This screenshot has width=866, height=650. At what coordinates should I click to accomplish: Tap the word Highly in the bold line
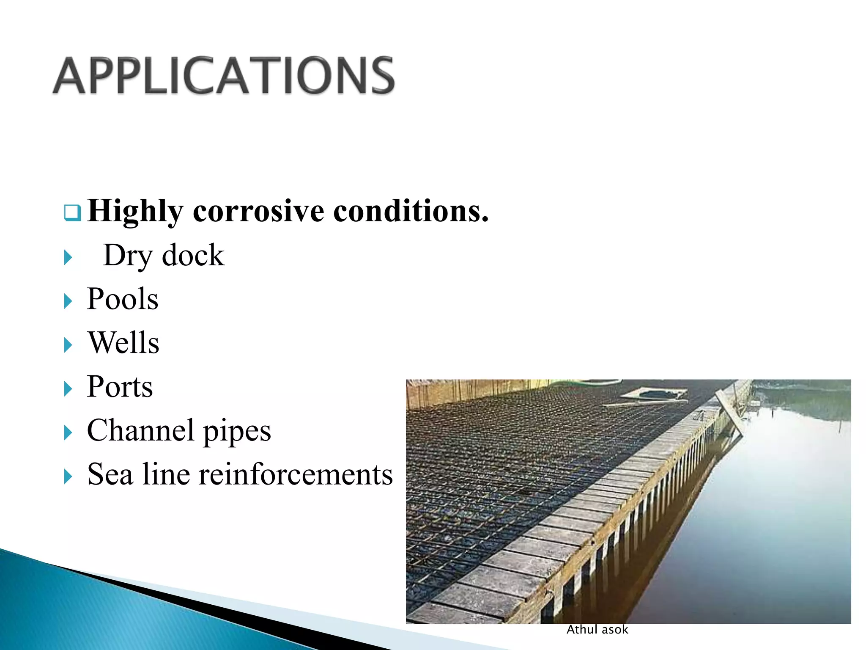pos(135,211)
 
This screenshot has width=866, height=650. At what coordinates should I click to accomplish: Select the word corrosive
pos(258,211)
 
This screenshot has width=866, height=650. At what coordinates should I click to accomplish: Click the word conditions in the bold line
pos(410,211)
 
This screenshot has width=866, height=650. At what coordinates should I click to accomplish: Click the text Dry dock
pos(164,255)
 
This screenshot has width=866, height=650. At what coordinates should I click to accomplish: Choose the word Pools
pos(123,299)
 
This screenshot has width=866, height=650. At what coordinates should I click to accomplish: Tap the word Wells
pos(123,342)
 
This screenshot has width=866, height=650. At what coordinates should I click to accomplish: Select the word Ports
pos(120,386)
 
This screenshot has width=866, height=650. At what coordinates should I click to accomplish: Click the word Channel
pos(140,430)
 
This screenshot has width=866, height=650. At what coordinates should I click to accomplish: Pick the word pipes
pos(237,432)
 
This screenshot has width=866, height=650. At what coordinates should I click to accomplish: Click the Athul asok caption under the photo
pos(597,630)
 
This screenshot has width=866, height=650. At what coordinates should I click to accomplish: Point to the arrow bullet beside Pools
pos(68,301)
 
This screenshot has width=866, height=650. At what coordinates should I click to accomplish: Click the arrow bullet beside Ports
pos(68,389)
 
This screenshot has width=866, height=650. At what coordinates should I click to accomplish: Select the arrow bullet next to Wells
pos(68,345)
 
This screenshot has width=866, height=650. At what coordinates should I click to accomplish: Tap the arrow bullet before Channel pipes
pos(68,433)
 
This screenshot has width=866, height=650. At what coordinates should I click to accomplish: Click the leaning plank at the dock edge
pos(729,413)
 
